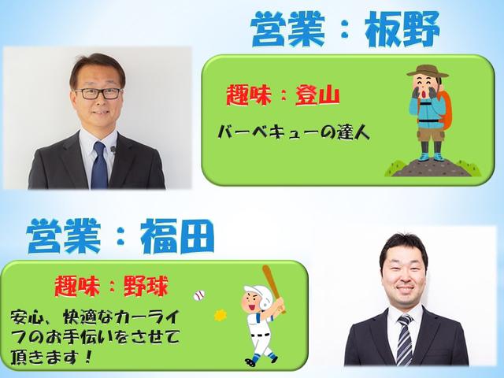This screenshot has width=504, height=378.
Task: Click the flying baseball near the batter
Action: point(198,296)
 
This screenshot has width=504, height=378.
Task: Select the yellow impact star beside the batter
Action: point(220,316)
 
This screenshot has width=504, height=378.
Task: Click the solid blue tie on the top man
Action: point(99,164)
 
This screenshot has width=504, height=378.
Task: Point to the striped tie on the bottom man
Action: point(405,339)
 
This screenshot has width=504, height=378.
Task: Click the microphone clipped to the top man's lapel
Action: point(113,149)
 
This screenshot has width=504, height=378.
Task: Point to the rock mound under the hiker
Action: point(426,166)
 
